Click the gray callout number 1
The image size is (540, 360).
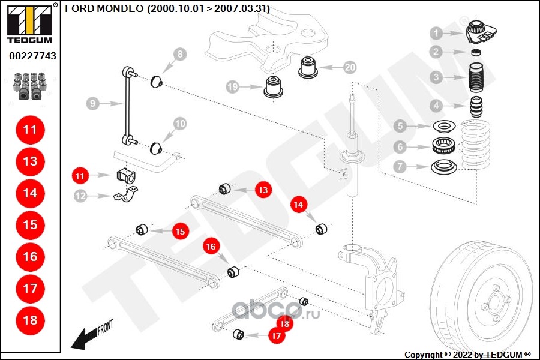(437, 33)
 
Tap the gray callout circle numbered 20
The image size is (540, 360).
(350, 67)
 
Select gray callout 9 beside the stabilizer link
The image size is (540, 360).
(92, 104)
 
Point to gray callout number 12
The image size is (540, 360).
(80, 195)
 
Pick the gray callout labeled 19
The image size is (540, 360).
(233, 87)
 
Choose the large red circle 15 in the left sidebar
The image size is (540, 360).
(30, 225)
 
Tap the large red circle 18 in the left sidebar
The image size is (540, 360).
(30, 320)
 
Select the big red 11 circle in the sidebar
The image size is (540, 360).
(30, 130)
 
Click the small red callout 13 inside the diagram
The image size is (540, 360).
(262, 190)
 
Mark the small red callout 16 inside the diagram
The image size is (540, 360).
(211, 246)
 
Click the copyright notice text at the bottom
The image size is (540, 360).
(468, 354)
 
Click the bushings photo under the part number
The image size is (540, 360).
(30, 86)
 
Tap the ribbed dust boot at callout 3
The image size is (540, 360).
(476, 78)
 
